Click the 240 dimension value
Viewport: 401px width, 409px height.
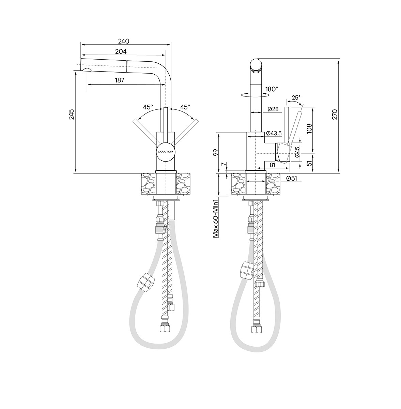point(123,41)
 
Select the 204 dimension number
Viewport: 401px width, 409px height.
point(121,51)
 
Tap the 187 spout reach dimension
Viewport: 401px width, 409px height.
point(120,80)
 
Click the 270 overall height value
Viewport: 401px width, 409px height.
point(335,115)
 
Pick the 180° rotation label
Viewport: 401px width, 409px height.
point(272,89)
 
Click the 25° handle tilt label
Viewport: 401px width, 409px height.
point(296,97)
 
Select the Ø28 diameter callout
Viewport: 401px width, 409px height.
point(273,109)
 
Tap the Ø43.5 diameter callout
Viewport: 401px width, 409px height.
point(274,133)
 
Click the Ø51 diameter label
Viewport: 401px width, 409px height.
point(292,179)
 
